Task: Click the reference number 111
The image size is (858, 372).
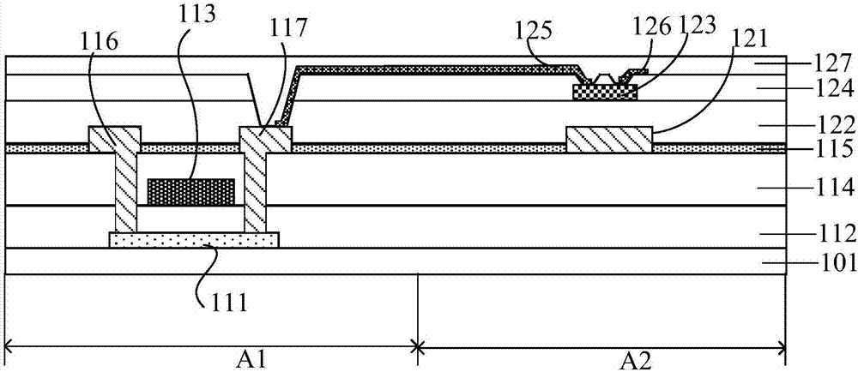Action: pyautogui.click(x=226, y=302)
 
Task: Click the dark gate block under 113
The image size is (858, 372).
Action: pyautogui.click(x=191, y=192)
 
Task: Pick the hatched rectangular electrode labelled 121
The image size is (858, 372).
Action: pyautogui.click(x=609, y=140)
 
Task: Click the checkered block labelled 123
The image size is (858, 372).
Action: pyautogui.click(x=605, y=92)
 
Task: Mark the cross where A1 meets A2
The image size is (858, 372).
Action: pyautogui.click(x=418, y=346)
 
